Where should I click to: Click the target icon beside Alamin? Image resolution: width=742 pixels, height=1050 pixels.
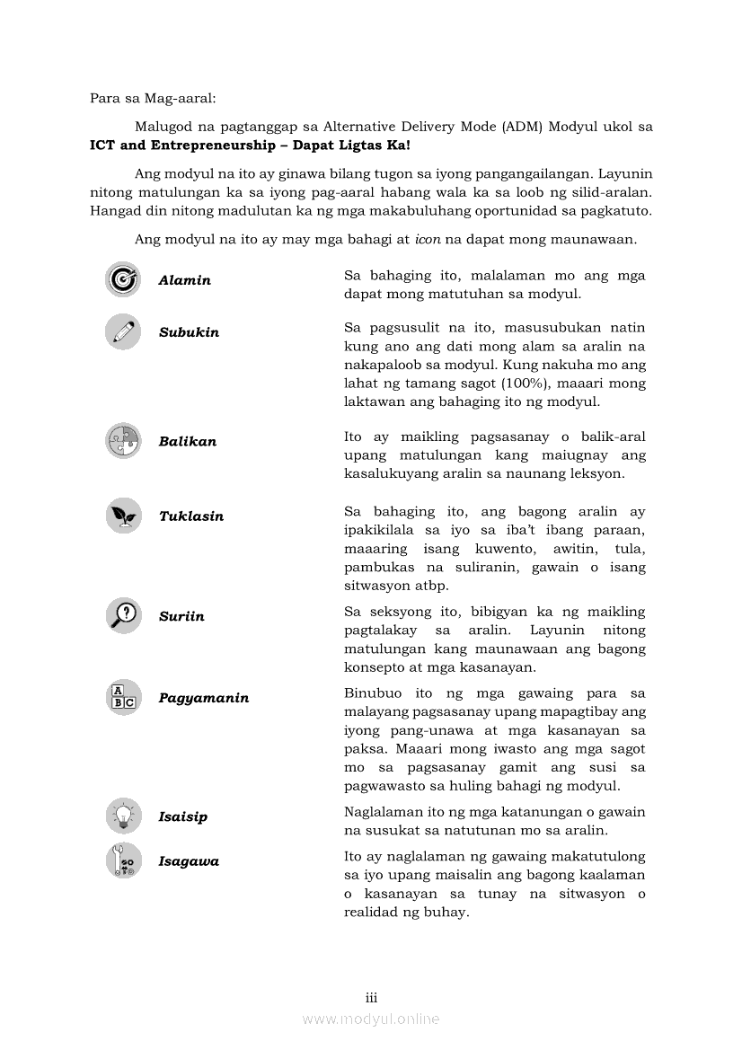pos(122,279)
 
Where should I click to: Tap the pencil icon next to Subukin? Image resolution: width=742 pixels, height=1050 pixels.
pos(122,331)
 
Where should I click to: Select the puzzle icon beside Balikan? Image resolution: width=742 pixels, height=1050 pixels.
pos(122,441)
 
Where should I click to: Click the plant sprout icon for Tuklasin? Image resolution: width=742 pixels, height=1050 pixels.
pos(122,516)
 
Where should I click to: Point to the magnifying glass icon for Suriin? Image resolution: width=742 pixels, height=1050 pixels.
pos(122,615)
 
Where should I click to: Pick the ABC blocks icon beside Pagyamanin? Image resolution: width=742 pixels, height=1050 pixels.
pos(122,697)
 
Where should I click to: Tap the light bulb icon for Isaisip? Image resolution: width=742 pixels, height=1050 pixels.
pos(122,816)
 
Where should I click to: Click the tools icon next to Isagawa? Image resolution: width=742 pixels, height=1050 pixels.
pos(122,860)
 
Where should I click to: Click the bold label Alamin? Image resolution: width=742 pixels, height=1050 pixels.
pos(184,280)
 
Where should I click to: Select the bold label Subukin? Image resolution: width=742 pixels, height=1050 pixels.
pos(189,332)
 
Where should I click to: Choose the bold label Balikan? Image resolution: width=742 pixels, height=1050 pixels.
pos(187,442)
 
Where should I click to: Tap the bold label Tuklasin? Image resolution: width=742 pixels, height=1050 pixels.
pos(191,516)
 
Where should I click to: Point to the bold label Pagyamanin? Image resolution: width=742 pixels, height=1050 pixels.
pos(204,698)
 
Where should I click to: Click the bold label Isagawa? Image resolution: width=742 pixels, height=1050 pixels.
pos(189,861)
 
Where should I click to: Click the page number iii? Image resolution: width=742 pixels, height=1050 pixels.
pos(371,998)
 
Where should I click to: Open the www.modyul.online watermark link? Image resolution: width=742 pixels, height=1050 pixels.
pos(371,1019)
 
